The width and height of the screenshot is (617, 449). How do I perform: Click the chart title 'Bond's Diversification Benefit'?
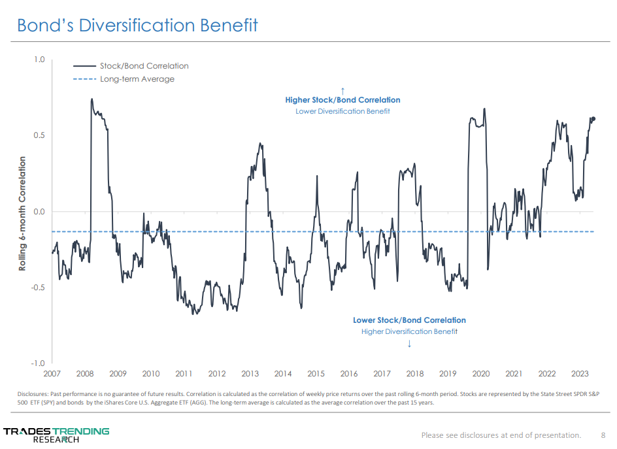tap(137, 25)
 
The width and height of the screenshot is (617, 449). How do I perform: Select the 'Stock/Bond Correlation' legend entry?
tap(144, 66)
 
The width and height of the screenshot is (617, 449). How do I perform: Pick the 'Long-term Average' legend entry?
tap(137, 79)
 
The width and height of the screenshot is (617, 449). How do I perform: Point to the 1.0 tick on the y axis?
tap(39, 60)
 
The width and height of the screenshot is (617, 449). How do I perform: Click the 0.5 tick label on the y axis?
tap(39, 136)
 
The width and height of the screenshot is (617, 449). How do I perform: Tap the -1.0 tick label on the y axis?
tap(38, 363)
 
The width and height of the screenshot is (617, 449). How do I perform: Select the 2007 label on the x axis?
tap(52, 374)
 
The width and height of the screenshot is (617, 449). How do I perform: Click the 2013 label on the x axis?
tap(250, 374)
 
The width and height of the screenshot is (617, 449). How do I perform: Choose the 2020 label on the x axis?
tap(480, 374)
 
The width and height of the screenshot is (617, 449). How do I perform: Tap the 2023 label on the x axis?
tap(580, 374)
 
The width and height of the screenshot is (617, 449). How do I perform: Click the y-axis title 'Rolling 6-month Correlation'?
tap(22, 213)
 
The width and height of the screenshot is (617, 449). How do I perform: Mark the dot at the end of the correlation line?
tap(593, 119)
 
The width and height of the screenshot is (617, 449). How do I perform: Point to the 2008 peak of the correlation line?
tap(92, 99)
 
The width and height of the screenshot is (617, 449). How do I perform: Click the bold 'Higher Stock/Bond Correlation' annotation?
tap(342, 100)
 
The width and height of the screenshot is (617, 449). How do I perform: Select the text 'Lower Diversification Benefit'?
tap(342, 111)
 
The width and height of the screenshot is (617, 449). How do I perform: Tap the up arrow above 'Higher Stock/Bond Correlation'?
tap(342, 90)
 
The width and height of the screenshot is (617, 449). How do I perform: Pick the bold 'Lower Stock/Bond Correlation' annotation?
tap(409, 320)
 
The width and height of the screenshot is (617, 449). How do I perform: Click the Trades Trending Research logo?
tap(56, 435)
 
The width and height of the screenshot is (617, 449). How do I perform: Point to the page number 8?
tap(603, 435)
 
